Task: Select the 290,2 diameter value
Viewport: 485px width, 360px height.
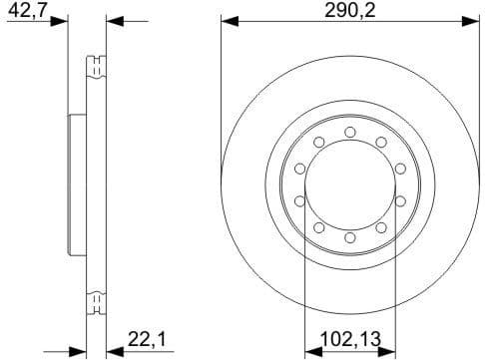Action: pos(349,10)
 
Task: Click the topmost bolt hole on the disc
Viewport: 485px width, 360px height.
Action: pos(349,132)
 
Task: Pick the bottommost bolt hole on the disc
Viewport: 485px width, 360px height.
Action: pos(349,237)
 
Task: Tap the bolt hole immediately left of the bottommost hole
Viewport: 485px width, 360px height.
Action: pos(318,227)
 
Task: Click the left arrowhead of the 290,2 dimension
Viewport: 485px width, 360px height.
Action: pos(227,19)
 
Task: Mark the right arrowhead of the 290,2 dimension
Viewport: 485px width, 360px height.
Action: pos(472,19)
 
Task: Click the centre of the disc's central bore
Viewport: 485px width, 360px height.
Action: pos(349,184)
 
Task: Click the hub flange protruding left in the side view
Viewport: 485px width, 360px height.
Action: pos(72,184)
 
